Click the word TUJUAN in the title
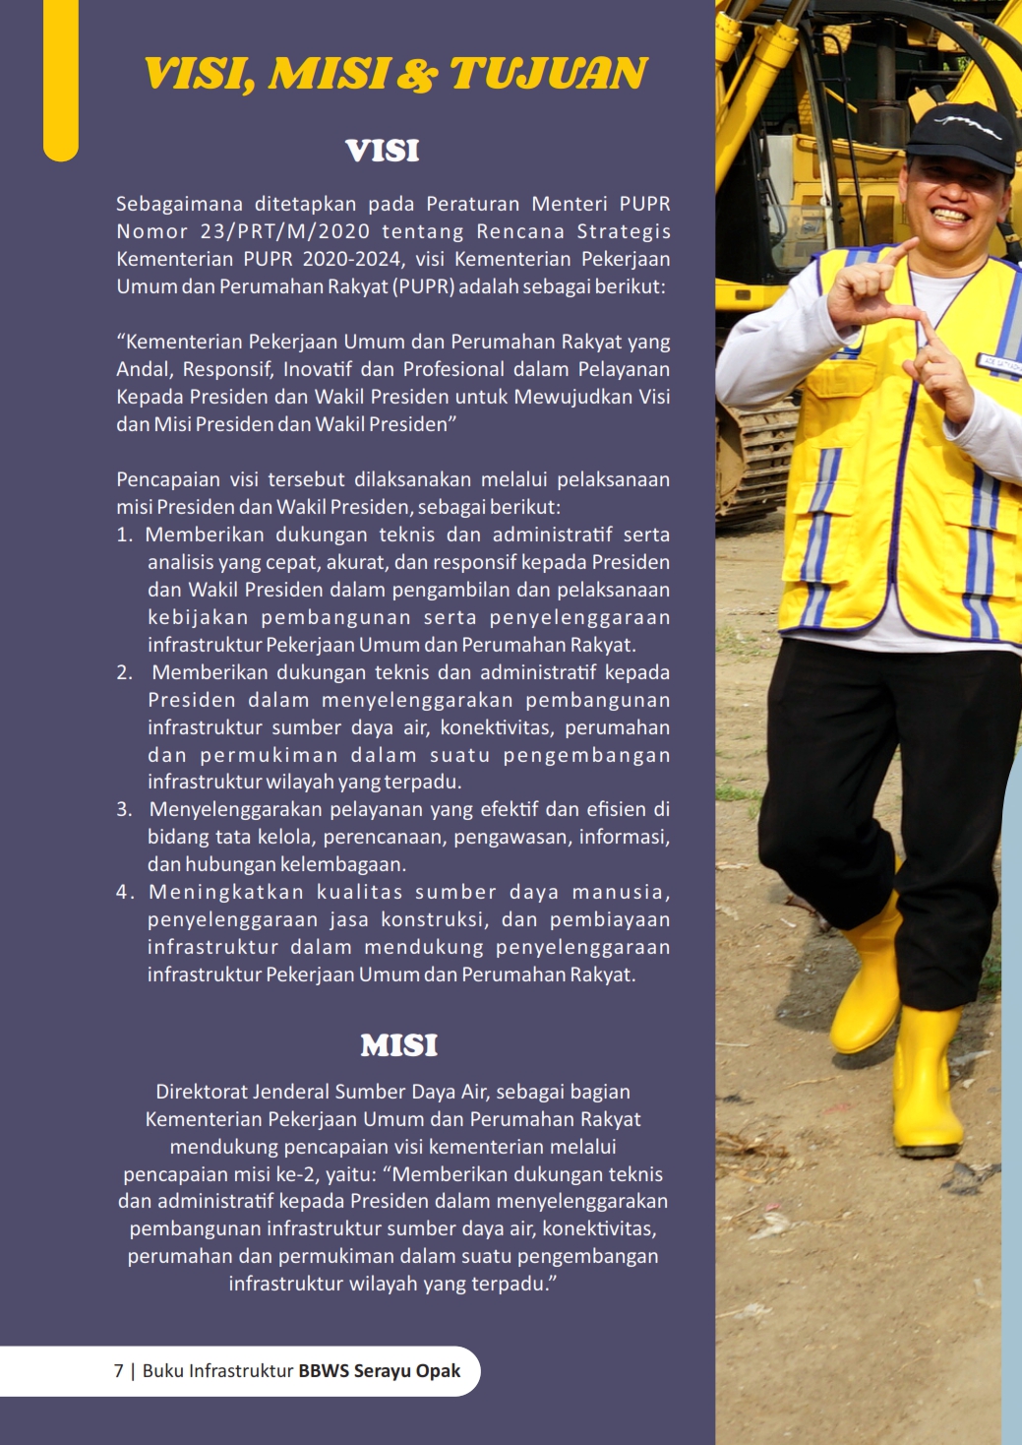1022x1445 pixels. pyautogui.click(x=548, y=74)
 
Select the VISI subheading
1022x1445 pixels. pyautogui.click(x=383, y=151)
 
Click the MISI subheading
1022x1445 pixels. pyautogui.click(x=398, y=1045)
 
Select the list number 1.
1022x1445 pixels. pyautogui.click(x=124, y=534)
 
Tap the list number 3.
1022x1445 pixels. pyautogui.click(x=124, y=809)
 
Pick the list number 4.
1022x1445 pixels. pyautogui.click(x=124, y=892)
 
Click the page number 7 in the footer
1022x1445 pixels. pyautogui.click(x=119, y=1371)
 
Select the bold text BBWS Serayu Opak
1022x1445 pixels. pyautogui.click(x=379, y=1371)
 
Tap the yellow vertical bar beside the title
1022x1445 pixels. pyautogui.click(x=60, y=79)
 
